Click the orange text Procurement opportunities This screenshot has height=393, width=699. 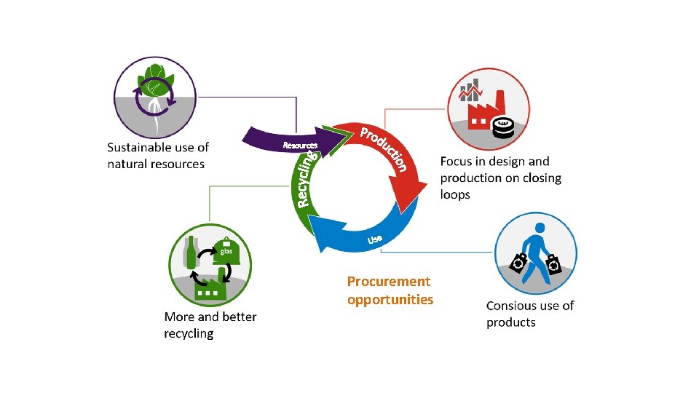click(x=390, y=290)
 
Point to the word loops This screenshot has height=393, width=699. click(x=455, y=195)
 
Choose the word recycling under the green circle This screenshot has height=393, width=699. click(x=189, y=333)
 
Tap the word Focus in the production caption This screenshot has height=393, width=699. click(x=457, y=162)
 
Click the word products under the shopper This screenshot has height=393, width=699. click(x=510, y=322)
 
